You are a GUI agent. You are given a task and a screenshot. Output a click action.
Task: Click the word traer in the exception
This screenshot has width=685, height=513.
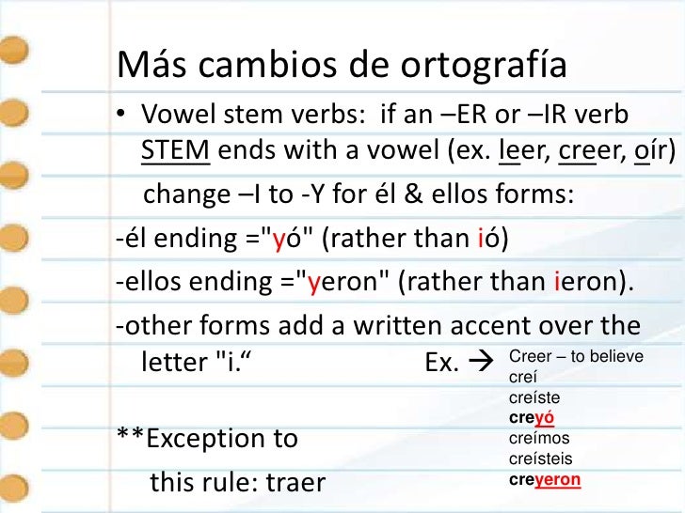(x=295, y=483)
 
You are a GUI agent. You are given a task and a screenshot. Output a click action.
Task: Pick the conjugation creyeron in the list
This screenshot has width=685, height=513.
(x=545, y=479)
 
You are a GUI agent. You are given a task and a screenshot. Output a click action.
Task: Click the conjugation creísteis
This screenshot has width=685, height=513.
(x=540, y=459)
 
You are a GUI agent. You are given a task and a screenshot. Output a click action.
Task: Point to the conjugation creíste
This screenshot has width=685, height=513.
(x=534, y=399)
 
